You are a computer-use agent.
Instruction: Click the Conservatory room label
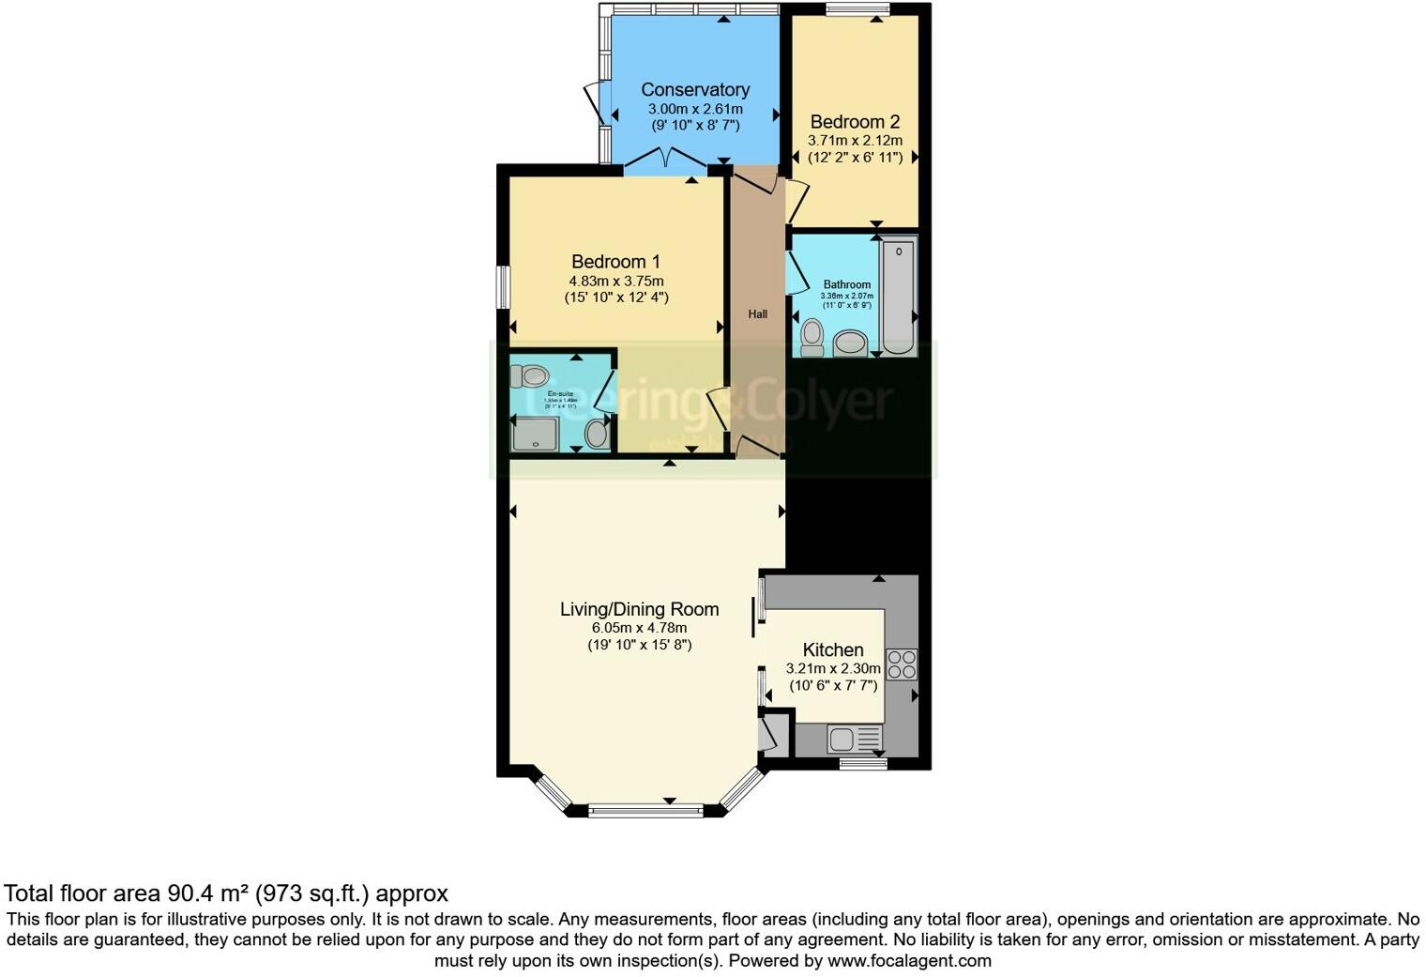point(695,90)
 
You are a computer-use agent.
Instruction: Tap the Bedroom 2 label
point(855,122)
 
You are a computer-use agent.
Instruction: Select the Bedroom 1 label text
point(609,261)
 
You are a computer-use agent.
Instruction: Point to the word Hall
point(757,314)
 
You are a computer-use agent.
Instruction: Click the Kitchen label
point(833,649)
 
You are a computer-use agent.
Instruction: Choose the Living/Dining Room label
point(639,609)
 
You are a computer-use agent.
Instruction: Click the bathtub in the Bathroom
point(898,297)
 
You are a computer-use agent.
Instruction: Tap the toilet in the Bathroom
point(812,337)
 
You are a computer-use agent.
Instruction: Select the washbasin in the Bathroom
point(851,343)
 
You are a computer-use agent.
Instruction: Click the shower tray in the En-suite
point(535,434)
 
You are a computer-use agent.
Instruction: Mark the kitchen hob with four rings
point(902,664)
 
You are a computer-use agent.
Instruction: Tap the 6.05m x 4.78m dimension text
point(639,628)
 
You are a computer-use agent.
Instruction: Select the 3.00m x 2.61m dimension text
point(695,109)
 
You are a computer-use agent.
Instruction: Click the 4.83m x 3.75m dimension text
point(616,281)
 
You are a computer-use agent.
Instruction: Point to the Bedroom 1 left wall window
point(504,286)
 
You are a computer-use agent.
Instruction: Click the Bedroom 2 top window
point(857,10)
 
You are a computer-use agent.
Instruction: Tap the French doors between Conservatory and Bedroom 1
point(666,160)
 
